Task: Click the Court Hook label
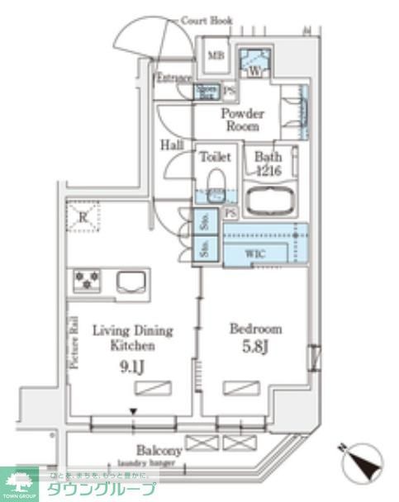click(207, 20)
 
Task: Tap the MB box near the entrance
click(216, 56)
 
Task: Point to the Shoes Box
click(207, 92)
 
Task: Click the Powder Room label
click(240, 121)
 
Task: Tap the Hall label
click(172, 144)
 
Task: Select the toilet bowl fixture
click(215, 184)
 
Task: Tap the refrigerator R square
click(83, 216)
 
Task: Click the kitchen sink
click(133, 283)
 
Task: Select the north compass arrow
click(361, 462)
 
